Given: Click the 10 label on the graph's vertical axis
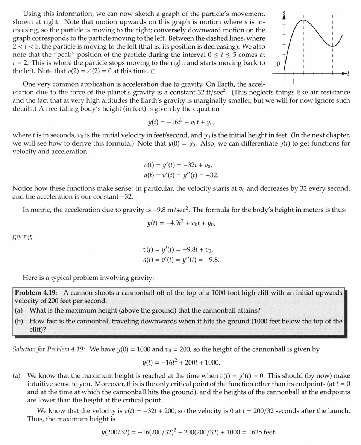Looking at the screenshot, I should pyautogui.click(x=276, y=64).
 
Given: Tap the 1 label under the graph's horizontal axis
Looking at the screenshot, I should pyautogui.click(x=294, y=82).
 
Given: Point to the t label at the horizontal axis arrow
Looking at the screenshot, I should pyautogui.click(x=348, y=74).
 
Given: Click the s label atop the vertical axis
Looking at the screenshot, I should pyautogui.click(x=284, y=14).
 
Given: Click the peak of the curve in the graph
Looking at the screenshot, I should pyautogui.click(x=303, y=20).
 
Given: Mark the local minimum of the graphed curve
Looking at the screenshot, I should pyautogui.click(x=332, y=46).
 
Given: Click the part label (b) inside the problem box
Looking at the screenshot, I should pyautogui.click(x=19, y=321).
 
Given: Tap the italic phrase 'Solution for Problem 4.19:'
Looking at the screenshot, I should pyautogui.click(x=49, y=349).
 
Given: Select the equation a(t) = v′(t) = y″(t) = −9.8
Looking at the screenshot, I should pyautogui.click(x=181, y=260).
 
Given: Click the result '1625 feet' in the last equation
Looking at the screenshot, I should pyautogui.click(x=262, y=432).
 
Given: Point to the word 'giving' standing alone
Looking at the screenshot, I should pyautogui.click(x=22, y=237).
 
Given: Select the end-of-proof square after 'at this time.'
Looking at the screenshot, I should pyautogui.click(x=153, y=71).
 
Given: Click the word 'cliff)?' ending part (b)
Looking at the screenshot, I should pyautogui.click(x=41, y=330).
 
